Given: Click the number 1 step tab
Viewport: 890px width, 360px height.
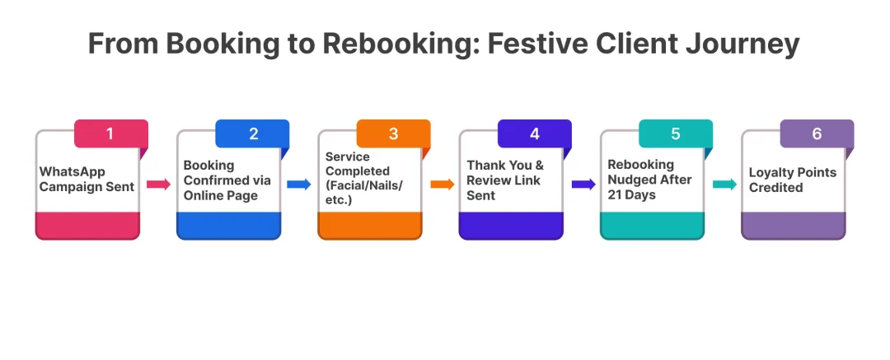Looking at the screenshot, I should tap(110, 133).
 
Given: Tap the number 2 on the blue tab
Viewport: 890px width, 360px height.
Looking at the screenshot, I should tap(252, 133).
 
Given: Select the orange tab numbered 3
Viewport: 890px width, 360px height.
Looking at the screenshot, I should tap(393, 133).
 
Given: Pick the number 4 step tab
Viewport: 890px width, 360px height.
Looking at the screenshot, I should tap(534, 133).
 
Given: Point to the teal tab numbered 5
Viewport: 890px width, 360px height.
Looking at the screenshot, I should tap(676, 133).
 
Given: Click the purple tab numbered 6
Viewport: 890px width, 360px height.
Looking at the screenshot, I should tap(817, 133).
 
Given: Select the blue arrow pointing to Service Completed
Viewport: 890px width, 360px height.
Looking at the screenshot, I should tap(299, 185).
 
